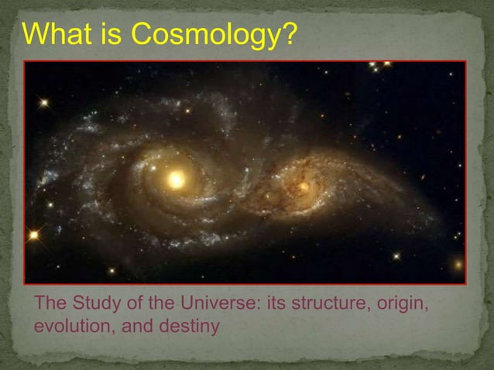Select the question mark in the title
coord(288,34)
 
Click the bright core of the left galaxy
coord(177,180)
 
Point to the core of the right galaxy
coord(303,186)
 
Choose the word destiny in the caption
coord(193,327)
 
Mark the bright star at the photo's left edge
coord(33,234)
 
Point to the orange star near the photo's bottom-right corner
coord(458,265)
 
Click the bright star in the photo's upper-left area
coord(44,101)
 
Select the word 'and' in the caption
coord(135,327)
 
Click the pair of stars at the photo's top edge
coord(379,65)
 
